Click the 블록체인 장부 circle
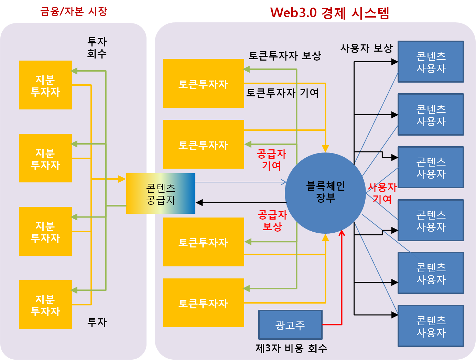325,193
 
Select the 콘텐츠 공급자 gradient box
161,193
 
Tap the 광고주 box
290,325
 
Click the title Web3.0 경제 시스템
329,13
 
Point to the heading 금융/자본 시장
74,11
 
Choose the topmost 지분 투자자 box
45,85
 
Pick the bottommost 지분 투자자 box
45,305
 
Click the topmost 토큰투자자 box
203,83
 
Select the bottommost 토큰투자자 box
203,303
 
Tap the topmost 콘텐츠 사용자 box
431,62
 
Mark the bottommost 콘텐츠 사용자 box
431,326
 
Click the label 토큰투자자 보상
285,55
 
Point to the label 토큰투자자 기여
282,93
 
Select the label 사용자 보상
366,48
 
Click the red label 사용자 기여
382,193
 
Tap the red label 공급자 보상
272,221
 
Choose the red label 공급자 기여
271,160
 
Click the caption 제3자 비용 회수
291,348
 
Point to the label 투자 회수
97,47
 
